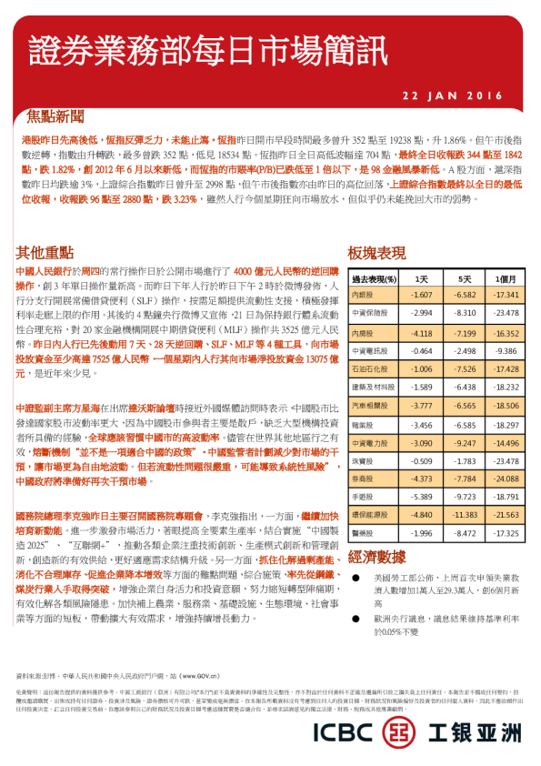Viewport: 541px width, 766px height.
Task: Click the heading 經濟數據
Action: click(x=376, y=557)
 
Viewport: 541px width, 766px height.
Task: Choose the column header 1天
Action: click(x=421, y=278)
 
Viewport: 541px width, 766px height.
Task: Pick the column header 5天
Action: click(x=465, y=278)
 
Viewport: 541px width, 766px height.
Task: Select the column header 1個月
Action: click(x=506, y=278)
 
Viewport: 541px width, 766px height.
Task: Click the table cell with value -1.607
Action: click(x=421, y=296)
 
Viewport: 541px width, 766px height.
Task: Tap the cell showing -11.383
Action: click(x=465, y=513)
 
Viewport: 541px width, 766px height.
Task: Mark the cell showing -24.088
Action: click(x=506, y=479)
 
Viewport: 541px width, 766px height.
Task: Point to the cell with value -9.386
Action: click(x=506, y=350)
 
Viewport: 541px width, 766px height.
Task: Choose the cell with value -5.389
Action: click(x=421, y=497)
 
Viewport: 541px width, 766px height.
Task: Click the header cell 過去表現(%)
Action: click(x=374, y=278)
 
